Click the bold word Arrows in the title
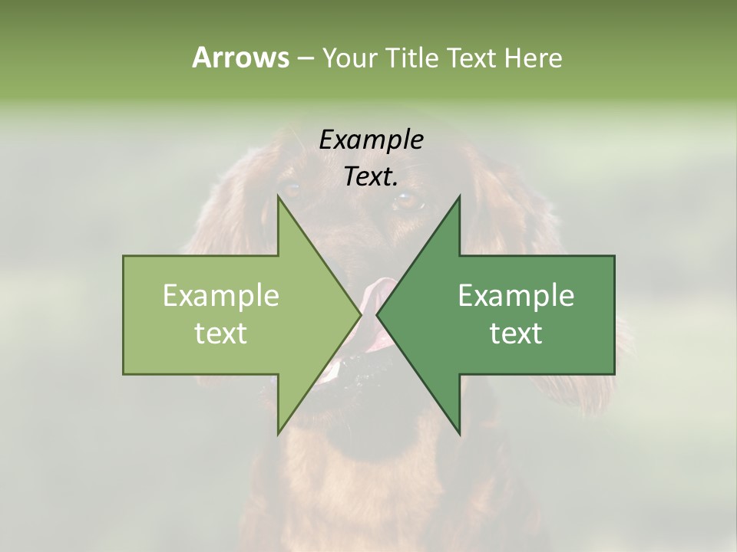(240, 58)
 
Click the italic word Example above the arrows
(372, 140)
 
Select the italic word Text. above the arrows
(372, 177)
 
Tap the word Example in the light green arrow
(221, 295)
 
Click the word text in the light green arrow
(221, 333)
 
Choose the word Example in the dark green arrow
(516, 295)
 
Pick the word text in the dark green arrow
(516, 333)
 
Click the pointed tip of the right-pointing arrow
(361, 315)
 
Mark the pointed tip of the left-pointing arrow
(377, 315)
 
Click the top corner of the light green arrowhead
(278, 196)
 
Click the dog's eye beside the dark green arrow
(408, 201)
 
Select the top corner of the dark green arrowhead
(460, 196)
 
